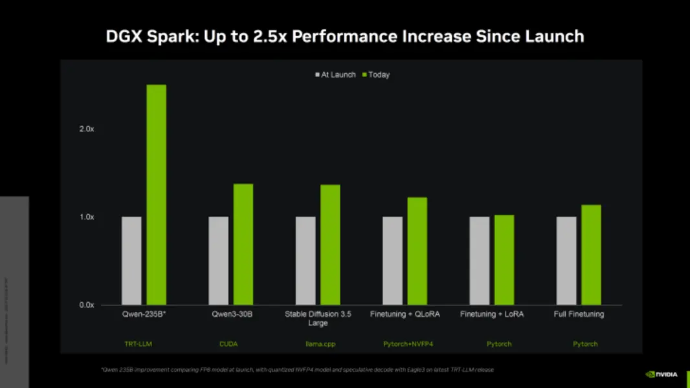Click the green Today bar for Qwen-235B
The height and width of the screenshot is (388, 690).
pyautogui.click(x=156, y=195)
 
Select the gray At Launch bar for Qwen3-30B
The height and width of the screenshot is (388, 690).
pyautogui.click(x=218, y=261)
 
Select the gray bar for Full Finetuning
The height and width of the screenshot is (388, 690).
pyautogui.click(x=566, y=261)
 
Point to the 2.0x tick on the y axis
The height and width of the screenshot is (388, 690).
pyautogui.click(x=87, y=129)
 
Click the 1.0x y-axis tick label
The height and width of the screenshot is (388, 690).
pyautogui.click(x=87, y=217)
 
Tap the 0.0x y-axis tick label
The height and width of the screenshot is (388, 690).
pyautogui.click(x=87, y=305)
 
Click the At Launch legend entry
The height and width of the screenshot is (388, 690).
pyautogui.click(x=335, y=75)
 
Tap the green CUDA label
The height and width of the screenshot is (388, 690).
pyautogui.click(x=228, y=344)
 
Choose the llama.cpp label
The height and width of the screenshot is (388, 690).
pyautogui.click(x=320, y=344)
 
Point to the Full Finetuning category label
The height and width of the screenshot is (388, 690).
pyautogui.click(x=579, y=314)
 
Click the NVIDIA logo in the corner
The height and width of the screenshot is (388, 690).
pyautogui.click(x=662, y=374)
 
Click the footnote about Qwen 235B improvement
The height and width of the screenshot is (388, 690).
pyautogui.click(x=297, y=370)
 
